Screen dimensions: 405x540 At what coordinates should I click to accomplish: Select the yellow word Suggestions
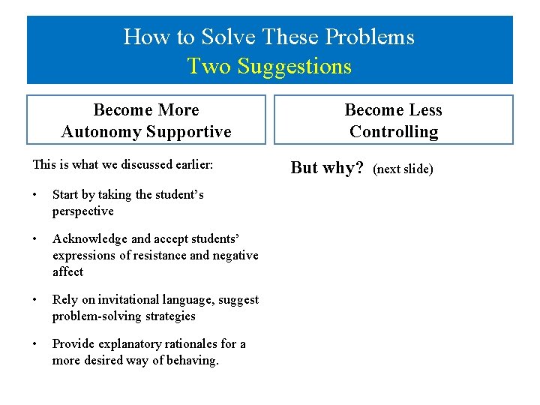pos(294,66)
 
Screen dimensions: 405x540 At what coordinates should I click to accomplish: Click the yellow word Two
pos(210,66)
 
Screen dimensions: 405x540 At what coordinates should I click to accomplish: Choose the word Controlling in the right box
pos(394,132)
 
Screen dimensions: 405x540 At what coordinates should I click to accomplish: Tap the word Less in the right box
pos(425,110)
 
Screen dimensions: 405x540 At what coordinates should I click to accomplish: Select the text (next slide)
pos(403,169)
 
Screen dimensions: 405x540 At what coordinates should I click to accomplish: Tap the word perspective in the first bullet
pos(82,211)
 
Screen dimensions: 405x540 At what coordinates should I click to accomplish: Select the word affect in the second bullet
pos(67,271)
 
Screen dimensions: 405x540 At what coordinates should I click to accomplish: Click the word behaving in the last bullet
pos(193,360)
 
